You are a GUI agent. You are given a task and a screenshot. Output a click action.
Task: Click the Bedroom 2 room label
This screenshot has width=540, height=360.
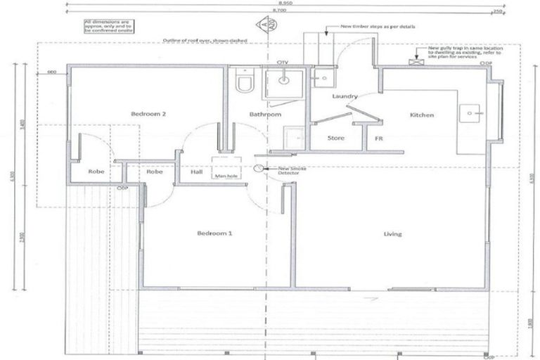[x=149, y=114]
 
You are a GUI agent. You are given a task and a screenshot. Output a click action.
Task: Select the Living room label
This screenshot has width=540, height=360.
[x=392, y=233]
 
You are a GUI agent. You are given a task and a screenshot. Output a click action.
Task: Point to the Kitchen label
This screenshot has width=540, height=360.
[x=422, y=115]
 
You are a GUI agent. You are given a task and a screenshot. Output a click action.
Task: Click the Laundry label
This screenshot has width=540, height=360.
[x=345, y=96]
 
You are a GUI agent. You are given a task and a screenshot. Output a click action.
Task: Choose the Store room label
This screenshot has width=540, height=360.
[x=337, y=138]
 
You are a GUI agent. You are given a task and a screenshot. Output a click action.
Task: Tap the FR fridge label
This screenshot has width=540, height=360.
[x=378, y=139]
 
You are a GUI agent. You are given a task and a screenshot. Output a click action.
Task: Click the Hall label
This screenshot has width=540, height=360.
[x=196, y=172]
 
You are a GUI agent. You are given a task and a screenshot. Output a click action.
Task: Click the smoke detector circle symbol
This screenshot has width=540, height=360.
[x=259, y=169]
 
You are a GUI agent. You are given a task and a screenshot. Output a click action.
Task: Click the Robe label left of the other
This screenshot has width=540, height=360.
[x=96, y=172]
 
